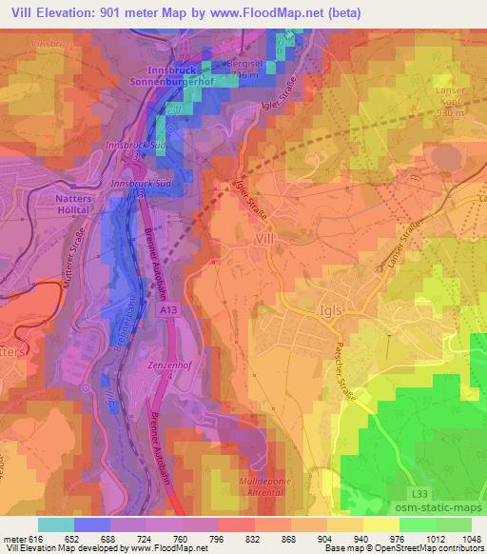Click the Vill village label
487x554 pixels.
point(266,242)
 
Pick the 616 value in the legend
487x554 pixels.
point(33,538)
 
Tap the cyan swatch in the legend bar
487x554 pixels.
point(56,524)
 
